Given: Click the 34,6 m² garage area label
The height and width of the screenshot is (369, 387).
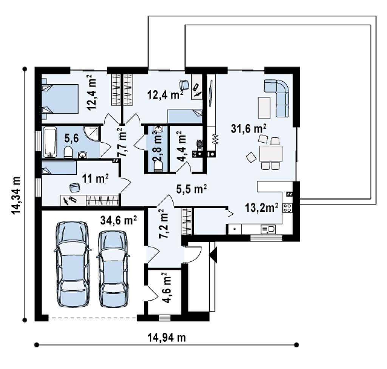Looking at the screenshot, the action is click(x=118, y=220).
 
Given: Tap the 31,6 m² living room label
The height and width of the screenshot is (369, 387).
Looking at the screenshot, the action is click(x=249, y=129).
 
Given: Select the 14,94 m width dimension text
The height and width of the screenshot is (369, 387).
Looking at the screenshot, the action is click(x=167, y=337).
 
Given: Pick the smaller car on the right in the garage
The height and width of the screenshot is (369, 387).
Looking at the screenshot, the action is click(x=113, y=269).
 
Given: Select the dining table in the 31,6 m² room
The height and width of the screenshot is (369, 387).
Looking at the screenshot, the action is click(x=271, y=153).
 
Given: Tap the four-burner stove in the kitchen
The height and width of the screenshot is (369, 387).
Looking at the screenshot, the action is click(x=287, y=208).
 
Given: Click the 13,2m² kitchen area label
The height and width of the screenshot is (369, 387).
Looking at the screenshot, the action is click(x=262, y=208).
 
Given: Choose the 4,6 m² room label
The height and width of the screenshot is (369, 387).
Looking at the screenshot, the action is click(x=167, y=288).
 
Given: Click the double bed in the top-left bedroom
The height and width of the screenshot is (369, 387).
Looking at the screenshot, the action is click(x=60, y=99).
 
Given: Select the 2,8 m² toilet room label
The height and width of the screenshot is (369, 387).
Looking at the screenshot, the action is click(x=158, y=147).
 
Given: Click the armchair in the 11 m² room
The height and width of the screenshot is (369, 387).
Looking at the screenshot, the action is click(x=74, y=188).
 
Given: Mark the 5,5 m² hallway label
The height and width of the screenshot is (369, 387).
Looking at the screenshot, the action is click(x=191, y=189).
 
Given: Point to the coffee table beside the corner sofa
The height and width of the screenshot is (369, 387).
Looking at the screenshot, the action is click(x=264, y=108).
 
